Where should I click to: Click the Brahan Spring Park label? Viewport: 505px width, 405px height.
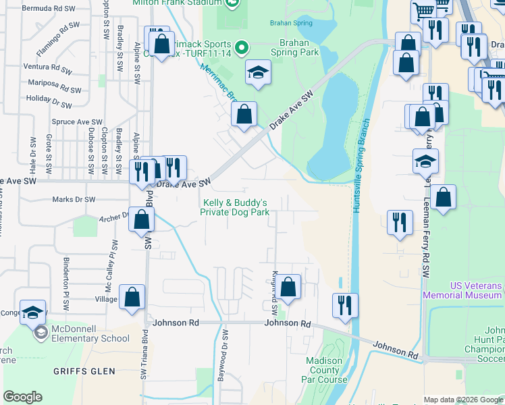294,46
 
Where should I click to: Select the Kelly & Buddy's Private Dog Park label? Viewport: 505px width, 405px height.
235,207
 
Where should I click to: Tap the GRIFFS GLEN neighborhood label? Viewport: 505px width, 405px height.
85,371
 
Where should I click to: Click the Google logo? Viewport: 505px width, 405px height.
22,397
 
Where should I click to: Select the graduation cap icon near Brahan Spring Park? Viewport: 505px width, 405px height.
257,72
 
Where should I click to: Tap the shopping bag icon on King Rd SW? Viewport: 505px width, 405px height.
288,287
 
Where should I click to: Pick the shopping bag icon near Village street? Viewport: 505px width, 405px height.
132,296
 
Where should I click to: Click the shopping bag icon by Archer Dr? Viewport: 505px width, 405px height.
141,219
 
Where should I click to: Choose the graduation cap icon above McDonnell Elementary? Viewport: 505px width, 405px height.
32,312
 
